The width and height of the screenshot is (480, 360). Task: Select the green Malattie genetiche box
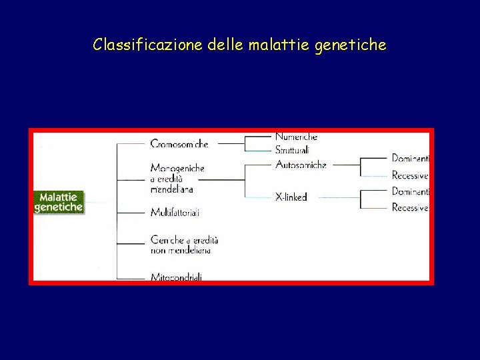tap(59, 202)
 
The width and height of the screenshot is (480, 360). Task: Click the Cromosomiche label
tap(179, 143)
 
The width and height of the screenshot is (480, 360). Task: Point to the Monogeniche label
tap(177, 168)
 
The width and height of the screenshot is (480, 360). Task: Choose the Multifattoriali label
tap(175, 213)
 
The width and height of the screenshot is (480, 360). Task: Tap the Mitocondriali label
tap(176, 277)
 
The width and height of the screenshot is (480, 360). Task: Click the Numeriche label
tap(296, 137)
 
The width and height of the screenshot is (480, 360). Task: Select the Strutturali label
tap(292, 151)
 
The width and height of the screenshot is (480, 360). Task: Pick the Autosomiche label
tap(301, 165)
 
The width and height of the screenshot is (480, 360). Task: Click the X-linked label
tap(291, 197)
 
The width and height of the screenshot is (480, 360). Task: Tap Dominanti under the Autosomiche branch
tap(410, 159)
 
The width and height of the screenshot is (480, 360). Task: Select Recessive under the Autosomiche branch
tap(409, 176)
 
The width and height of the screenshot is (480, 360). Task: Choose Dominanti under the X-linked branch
tap(410, 191)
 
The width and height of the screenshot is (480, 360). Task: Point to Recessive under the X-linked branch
tap(409, 208)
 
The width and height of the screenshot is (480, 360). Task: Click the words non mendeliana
tap(181, 250)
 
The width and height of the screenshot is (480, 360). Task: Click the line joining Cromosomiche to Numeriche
tap(231, 143)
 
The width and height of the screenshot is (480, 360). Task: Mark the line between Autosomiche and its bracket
tap(346, 165)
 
